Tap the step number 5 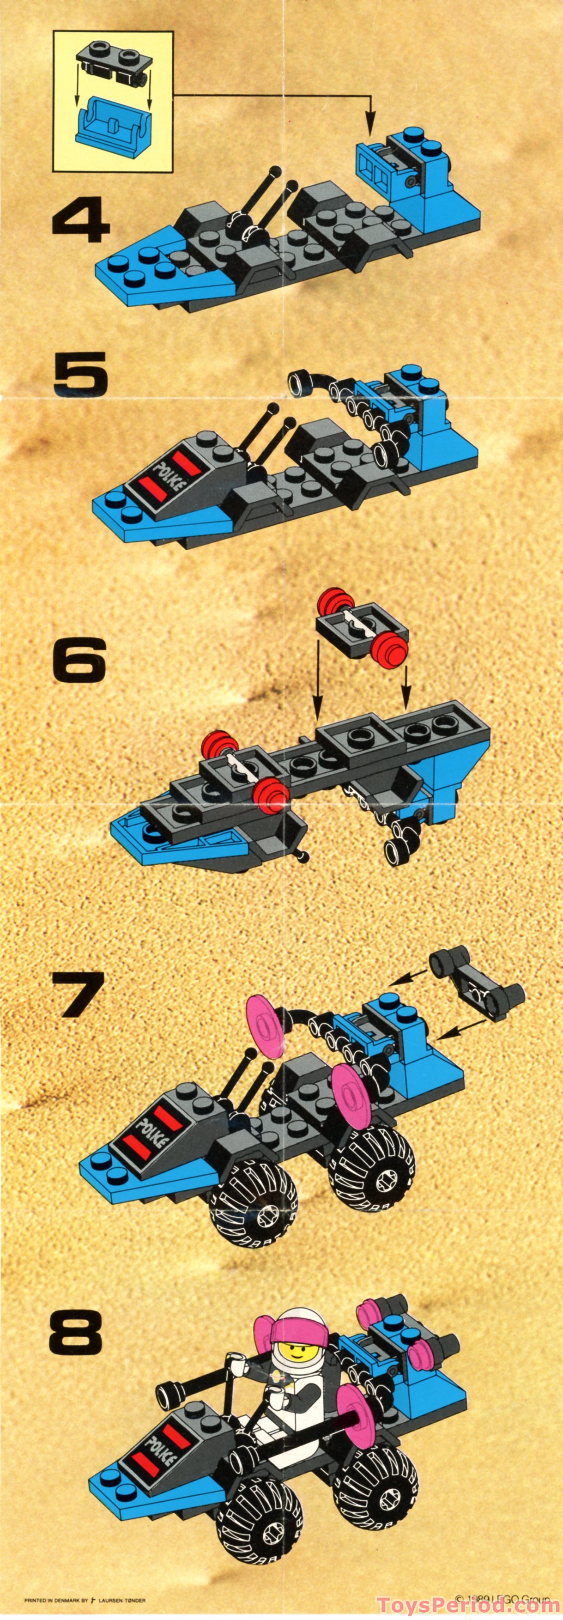tap(80, 374)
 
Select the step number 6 tap(80, 660)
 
